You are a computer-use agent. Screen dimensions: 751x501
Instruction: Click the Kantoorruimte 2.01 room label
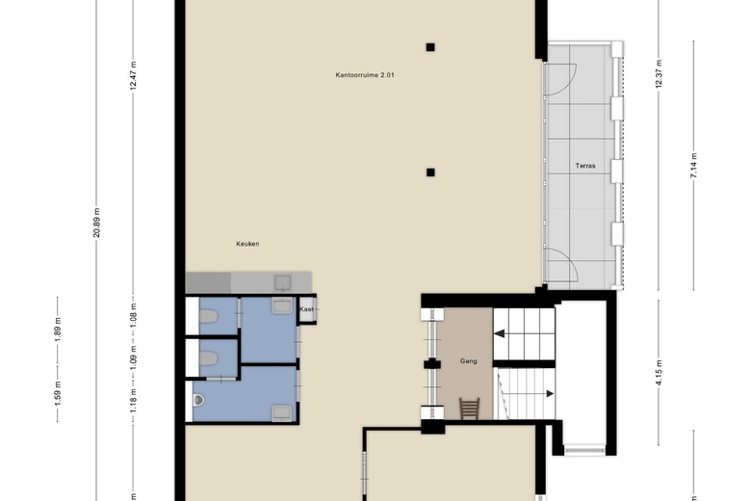pos(365,75)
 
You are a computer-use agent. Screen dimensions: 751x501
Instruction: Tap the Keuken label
pos(247,244)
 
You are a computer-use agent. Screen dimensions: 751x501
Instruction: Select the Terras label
pos(585,166)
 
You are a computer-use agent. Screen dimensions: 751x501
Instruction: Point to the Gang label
pos(469,361)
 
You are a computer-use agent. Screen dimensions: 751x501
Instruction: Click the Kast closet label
pos(306,309)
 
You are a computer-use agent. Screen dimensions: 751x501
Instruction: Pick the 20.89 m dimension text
pos(97,223)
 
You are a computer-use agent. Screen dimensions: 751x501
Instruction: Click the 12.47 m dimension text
pos(133,75)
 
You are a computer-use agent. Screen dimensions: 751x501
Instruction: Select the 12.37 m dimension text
pos(659,73)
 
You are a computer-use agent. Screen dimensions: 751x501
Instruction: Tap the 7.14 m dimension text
pos(694,166)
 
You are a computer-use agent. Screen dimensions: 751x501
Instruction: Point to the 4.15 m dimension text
pos(659,372)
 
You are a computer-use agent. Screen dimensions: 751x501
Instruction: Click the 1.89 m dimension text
pos(58,330)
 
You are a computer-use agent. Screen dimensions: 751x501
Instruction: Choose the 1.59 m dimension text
pos(58,392)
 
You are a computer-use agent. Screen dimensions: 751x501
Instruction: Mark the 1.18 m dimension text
pos(133,401)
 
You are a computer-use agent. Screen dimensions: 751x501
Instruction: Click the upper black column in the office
pos(430,47)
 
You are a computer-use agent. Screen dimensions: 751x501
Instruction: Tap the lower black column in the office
pos(430,172)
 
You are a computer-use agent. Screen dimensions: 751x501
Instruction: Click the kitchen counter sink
pos(282,283)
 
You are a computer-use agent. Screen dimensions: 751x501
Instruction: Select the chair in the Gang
pos(470,408)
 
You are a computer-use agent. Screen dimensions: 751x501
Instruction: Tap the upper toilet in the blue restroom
pos(208,316)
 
